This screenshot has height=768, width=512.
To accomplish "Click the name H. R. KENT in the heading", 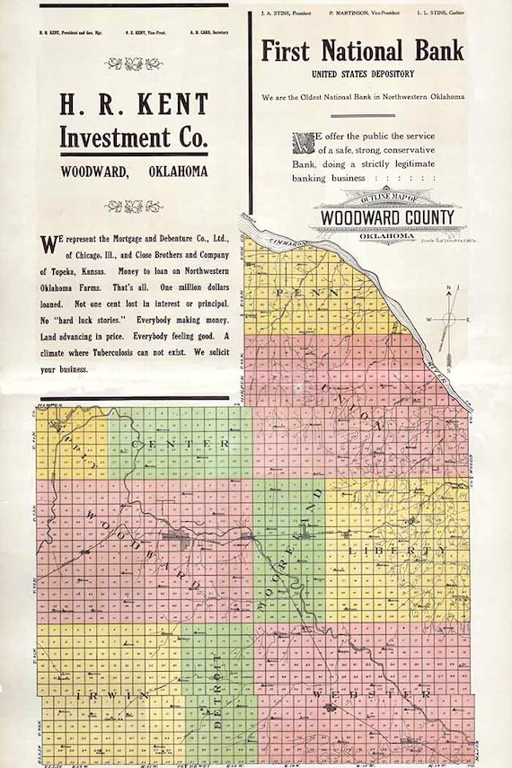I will tap(134, 104).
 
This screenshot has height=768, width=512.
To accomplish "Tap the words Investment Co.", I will tap(134, 137).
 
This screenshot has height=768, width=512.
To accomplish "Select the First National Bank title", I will tap(362, 50).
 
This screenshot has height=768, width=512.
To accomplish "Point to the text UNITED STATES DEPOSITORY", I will tap(362, 73).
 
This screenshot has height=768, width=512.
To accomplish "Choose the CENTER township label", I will tap(180, 444).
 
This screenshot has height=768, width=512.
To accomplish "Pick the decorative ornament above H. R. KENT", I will tap(134, 64).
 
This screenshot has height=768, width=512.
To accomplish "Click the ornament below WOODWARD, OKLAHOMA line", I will tap(134, 206).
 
